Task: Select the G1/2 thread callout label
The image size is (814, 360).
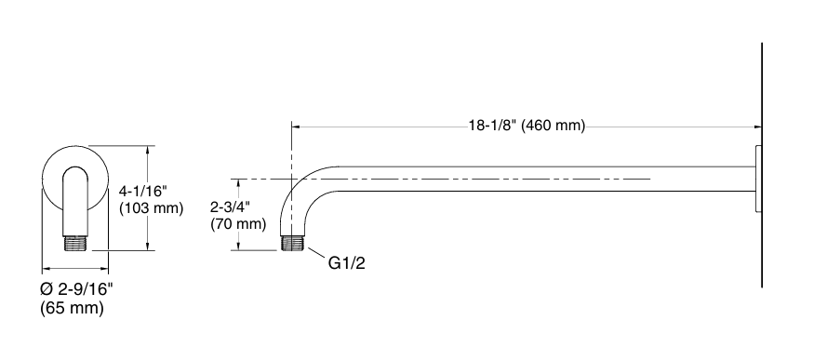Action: point(347,264)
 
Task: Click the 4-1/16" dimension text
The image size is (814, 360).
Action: point(144,190)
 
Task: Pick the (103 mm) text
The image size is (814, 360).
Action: point(152,207)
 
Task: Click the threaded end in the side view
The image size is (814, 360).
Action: point(294,243)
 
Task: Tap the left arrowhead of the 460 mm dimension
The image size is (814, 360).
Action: point(297,127)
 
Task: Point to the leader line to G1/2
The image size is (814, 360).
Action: point(315,254)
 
